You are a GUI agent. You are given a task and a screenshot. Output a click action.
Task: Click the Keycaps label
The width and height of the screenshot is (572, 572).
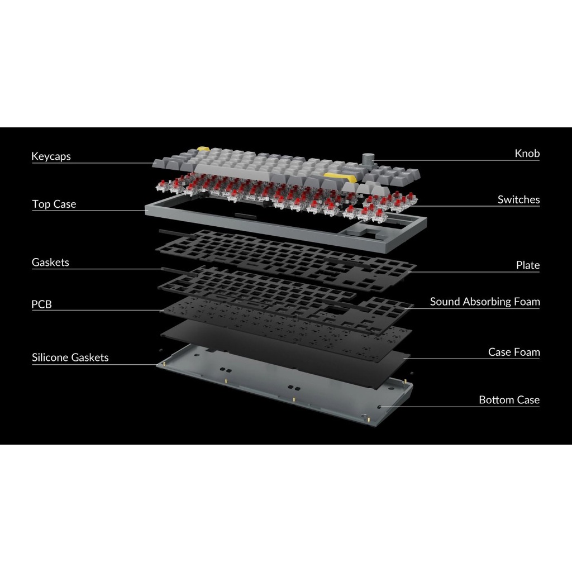tap(51, 156)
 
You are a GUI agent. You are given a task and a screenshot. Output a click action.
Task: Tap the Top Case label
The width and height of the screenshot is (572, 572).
tap(54, 204)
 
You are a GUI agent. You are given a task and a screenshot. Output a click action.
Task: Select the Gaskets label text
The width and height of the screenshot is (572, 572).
tap(50, 262)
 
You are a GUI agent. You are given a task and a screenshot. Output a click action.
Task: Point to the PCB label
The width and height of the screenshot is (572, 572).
tap(41, 305)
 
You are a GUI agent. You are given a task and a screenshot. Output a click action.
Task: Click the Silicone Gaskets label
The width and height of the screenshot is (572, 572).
tap(70, 357)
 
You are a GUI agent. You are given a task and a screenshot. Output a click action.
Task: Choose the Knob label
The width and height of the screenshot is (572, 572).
tap(527, 154)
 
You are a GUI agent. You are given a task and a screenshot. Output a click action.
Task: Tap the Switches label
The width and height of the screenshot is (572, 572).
tap(518, 199)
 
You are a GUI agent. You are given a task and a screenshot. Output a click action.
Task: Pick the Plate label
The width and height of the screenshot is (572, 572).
tap(527, 265)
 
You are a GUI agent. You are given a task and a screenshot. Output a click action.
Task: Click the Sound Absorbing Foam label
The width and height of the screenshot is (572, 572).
tap(484, 302)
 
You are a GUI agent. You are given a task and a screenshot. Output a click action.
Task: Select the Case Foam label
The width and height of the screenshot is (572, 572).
tap(514, 352)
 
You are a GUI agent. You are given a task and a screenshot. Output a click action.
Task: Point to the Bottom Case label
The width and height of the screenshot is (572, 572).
tap(509, 400)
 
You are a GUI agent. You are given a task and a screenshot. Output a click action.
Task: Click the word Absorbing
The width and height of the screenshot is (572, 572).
tap(485, 302)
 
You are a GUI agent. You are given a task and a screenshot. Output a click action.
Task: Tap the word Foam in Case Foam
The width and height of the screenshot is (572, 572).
tap(528, 352)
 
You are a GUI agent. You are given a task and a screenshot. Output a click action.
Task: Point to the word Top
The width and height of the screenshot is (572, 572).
tap(41, 204)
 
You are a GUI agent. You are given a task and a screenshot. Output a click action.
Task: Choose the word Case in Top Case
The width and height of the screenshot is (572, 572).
tap(65, 204)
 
